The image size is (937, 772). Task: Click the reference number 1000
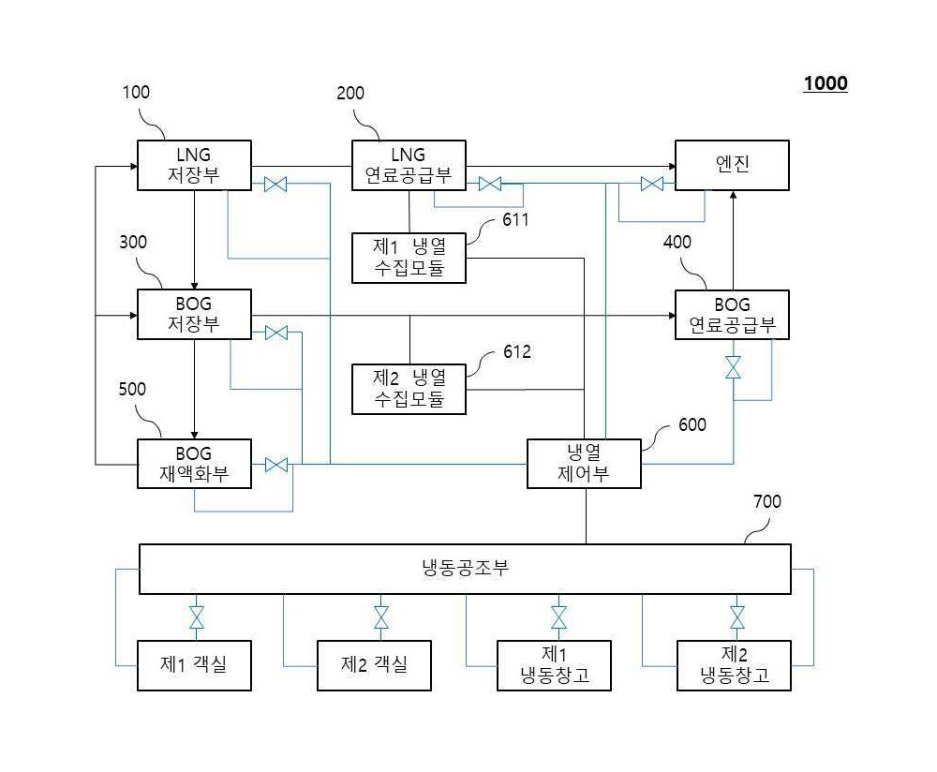(825, 83)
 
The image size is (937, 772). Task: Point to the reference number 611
(515, 220)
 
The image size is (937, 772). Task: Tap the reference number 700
(767, 501)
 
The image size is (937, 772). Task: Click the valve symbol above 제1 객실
(197, 617)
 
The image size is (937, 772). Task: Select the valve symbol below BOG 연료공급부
(734, 367)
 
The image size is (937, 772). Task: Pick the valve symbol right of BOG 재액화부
(276, 465)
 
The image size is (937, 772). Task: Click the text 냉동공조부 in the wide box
(465, 568)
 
